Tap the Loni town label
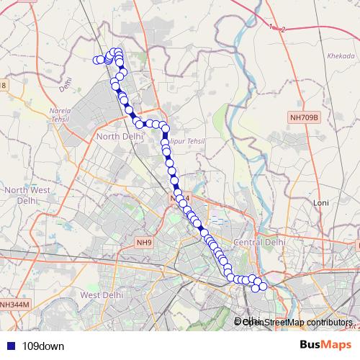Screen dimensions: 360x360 320,204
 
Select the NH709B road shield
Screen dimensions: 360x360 303,117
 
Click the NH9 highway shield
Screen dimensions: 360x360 145,244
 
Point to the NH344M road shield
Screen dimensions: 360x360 14,305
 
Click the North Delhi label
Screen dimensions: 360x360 116,137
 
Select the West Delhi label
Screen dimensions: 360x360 99,295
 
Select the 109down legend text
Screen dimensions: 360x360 43,346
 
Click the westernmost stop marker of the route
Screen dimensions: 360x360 96,60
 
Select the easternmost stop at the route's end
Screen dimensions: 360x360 263,287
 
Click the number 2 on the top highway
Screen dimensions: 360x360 283,30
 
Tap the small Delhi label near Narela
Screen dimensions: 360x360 67,85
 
